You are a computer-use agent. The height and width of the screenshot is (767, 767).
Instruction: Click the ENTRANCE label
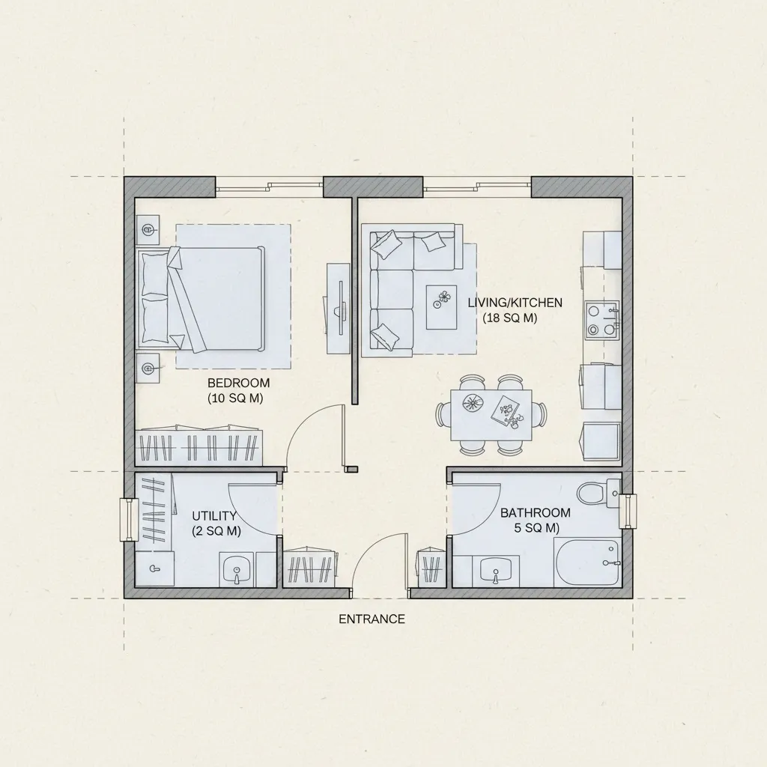coord(372,619)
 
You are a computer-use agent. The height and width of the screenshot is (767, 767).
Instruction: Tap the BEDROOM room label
coord(238,383)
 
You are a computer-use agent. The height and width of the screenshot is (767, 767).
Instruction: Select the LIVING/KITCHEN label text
coord(515,303)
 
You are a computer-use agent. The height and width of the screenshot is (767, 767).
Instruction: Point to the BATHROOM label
coord(535,512)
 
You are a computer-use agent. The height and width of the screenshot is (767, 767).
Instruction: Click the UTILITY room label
coord(214,515)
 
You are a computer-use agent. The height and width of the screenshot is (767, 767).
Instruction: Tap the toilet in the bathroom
coord(598,493)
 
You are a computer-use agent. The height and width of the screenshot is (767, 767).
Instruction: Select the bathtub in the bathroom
coord(587,562)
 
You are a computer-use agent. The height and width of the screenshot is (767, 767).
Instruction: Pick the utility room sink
coord(237,570)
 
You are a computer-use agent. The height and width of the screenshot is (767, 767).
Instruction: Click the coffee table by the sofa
coord(442,307)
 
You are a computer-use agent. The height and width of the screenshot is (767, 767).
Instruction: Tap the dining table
coord(491,415)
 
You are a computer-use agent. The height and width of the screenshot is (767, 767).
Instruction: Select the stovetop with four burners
coord(601,321)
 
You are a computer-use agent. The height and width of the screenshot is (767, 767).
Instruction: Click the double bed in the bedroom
coord(202,299)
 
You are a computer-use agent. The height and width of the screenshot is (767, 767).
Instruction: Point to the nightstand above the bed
coord(148,229)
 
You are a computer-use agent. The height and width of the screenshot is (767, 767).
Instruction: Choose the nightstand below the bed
coord(148,368)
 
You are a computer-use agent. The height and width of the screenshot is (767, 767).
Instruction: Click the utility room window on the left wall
coord(129,520)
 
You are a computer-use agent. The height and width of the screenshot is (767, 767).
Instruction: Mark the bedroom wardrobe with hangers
coord(199,448)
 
